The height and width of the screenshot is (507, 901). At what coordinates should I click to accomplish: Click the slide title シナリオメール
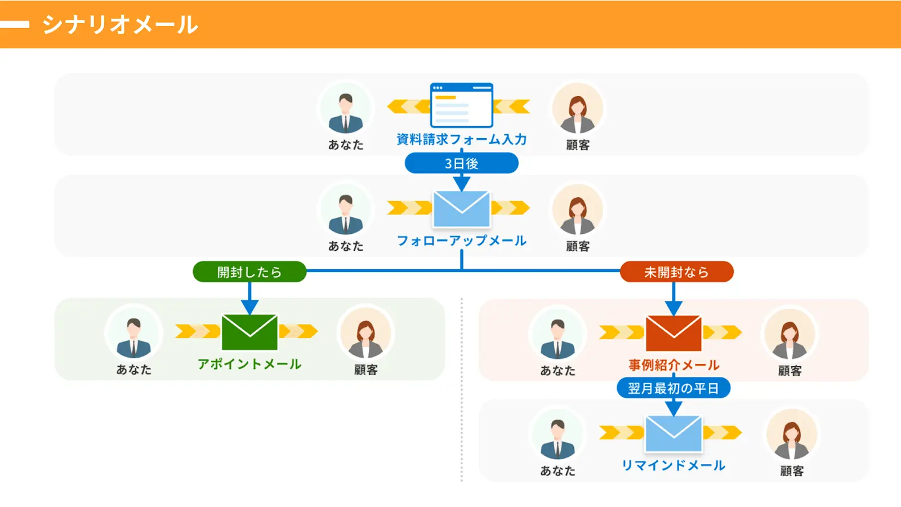tap(120, 25)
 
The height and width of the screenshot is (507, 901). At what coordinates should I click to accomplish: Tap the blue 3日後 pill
tap(461, 163)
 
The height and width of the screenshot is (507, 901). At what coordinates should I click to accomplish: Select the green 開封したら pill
tap(249, 272)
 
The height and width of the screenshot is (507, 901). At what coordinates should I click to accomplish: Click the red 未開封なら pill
tap(676, 272)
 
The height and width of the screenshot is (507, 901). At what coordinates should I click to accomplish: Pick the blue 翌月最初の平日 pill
tap(673, 388)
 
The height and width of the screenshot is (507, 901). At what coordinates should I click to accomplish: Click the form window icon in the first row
tap(461, 105)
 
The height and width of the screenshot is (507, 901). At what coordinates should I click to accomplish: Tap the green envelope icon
tap(249, 332)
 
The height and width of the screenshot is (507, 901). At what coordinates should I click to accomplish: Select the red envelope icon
tap(673, 333)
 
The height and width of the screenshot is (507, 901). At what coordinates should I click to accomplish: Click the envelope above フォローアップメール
tap(461, 209)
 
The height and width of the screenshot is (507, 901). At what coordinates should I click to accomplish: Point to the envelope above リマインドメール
tap(673, 434)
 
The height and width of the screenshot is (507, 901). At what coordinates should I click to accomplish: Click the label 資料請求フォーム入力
tap(461, 139)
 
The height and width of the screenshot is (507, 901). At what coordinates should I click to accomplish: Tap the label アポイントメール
tap(249, 364)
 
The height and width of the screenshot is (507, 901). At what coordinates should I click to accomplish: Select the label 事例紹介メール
tap(673, 365)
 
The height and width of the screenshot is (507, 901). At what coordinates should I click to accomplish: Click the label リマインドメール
tap(673, 465)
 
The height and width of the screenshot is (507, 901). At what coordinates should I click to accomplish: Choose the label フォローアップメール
tap(461, 241)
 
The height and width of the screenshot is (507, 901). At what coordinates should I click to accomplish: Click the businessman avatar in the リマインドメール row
tap(557, 435)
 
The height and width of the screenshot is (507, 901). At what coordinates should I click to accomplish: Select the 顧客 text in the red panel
tap(790, 371)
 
